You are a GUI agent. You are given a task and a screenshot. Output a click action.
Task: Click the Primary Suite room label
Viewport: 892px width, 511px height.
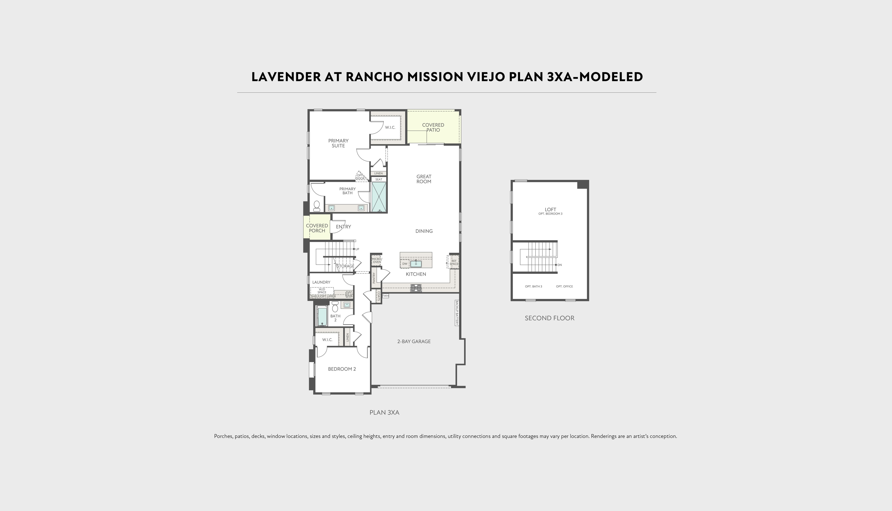click(338, 143)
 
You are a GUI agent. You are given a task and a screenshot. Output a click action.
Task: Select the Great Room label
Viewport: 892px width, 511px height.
click(424, 179)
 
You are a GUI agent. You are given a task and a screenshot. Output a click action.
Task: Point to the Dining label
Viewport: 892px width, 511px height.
click(424, 231)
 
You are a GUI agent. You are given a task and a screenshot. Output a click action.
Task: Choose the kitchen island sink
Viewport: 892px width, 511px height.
click(416, 264)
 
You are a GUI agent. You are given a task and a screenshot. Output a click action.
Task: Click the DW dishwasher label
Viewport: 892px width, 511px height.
click(405, 264)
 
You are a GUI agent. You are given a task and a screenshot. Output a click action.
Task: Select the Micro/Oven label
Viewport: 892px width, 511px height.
click(377, 260)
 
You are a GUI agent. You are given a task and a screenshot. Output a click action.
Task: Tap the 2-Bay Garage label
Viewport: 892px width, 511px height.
click(414, 341)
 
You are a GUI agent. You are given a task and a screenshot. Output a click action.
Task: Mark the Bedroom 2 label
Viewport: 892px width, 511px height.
click(342, 369)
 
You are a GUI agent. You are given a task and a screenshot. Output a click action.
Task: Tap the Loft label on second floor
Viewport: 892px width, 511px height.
click(550, 209)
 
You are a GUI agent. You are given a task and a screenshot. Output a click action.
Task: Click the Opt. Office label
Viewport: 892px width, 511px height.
click(564, 286)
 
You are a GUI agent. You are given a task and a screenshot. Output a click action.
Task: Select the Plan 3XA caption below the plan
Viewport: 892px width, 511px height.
click(384, 412)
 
